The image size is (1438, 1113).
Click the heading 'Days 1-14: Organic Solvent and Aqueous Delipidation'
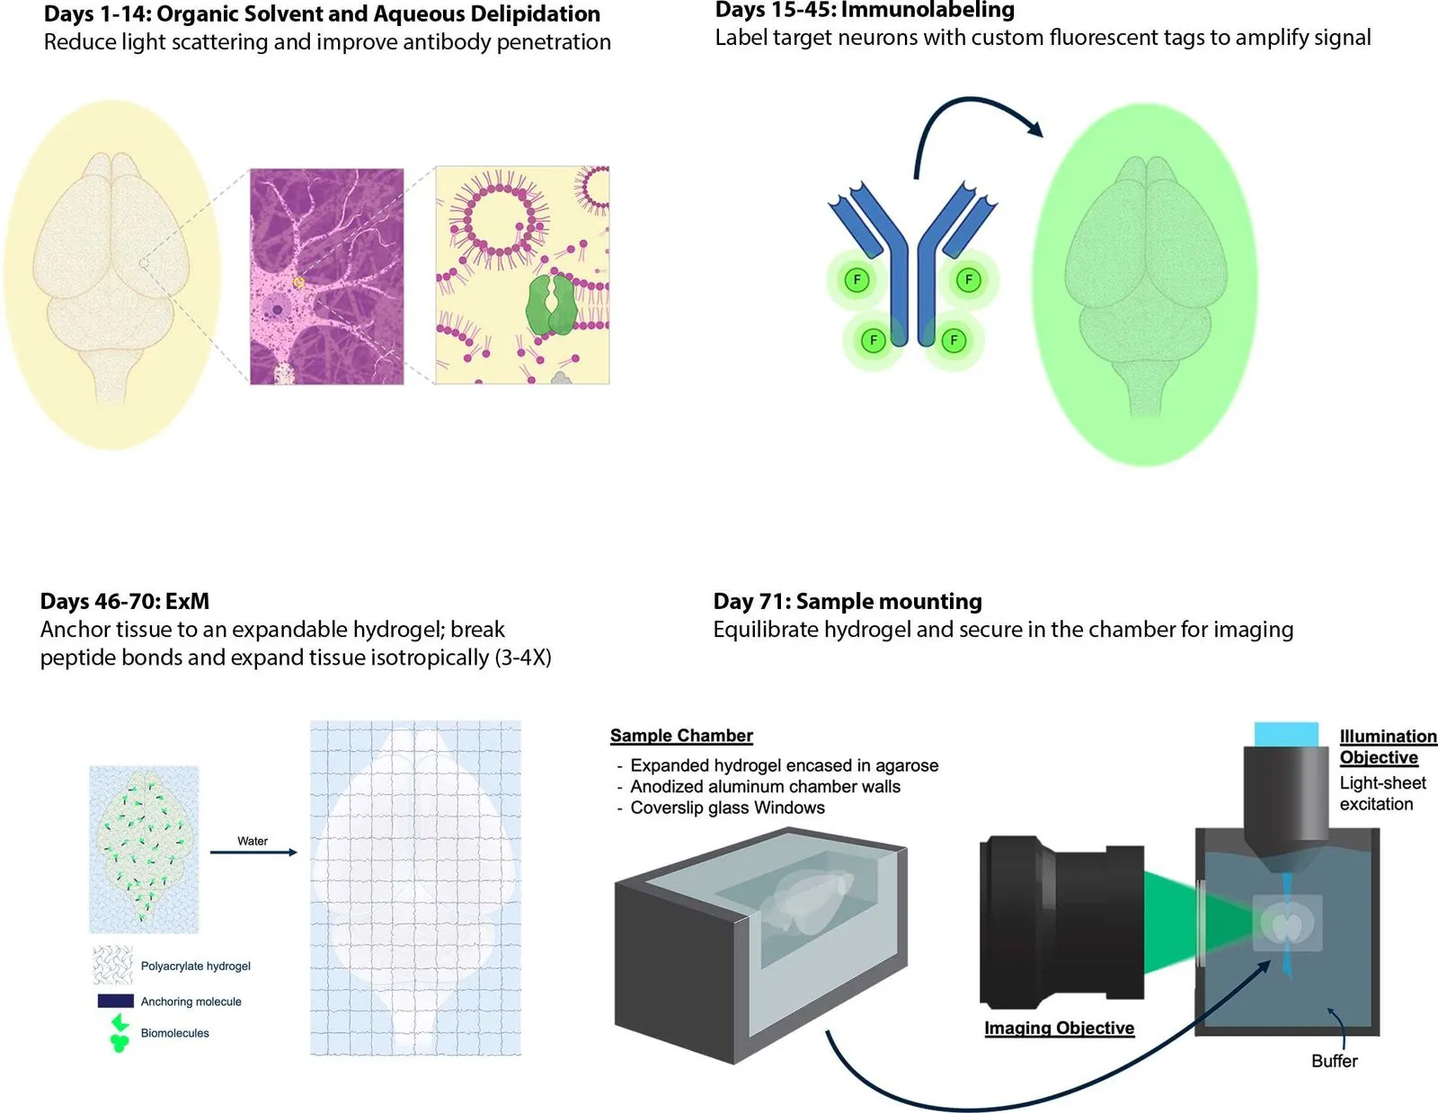coord(322,14)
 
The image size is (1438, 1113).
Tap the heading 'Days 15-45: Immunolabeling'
coord(865,11)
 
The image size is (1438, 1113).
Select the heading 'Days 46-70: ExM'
coord(125,601)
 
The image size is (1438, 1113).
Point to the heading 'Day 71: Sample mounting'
coord(848,601)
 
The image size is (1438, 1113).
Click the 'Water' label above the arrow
coord(253,841)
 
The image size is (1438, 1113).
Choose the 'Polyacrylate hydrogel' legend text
coord(195,966)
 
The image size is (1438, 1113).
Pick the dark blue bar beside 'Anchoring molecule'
coord(116,1001)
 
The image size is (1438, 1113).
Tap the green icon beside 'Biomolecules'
coord(119,1033)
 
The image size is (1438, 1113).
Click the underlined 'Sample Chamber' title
coord(681,736)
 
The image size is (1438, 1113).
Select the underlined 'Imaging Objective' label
coord(1059,1028)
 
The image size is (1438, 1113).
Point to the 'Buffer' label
coord(1334,1061)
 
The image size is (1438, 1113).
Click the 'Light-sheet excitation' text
coord(1382,793)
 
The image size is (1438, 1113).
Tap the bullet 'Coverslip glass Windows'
coord(727,808)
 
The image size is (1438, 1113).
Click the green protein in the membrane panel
coord(551,305)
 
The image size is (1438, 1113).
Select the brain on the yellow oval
coord(112,274)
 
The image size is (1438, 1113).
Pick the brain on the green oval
coord(1145,283)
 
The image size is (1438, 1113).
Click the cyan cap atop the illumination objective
coord(1286,734)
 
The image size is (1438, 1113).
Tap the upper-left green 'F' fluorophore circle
coord(857,280)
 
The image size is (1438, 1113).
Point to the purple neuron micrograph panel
coord(326,276)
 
